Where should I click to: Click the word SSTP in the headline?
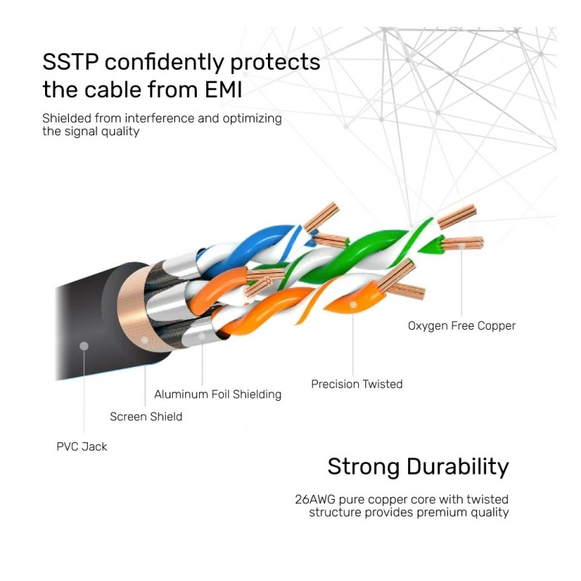pyautogui.click(x=70, y=62)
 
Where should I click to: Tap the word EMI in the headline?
pyautogui.click(x=224, y=89)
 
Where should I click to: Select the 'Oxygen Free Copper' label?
pyautogui.click(x=462, y=325)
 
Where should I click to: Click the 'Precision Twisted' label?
pyautogui.click(x=357, y=384)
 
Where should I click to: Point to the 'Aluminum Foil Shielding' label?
pyautogui.click(x=218, y=394)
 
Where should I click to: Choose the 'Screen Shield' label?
pyautogui.click(x=146, y=416)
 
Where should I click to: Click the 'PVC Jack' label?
pyautogui.click(x=82, y=447)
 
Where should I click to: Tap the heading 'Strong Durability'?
pyautogui.click(x=418, y=466)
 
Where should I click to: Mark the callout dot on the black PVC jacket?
pyautogui.click(x=84, y=346)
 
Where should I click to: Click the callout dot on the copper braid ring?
pyautogui.click(x=145, y=340)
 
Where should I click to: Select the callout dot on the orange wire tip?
pyautogui.click(x=353, y=304)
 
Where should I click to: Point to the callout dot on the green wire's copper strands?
pyautogui.click(x=461, y=245)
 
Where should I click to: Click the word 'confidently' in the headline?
pyautogui.click(x=164, y=62)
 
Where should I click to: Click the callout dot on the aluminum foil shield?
pyautogui.click(x=202, y=336)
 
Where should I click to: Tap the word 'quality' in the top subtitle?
pyautogui.click(x=121, y=131)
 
